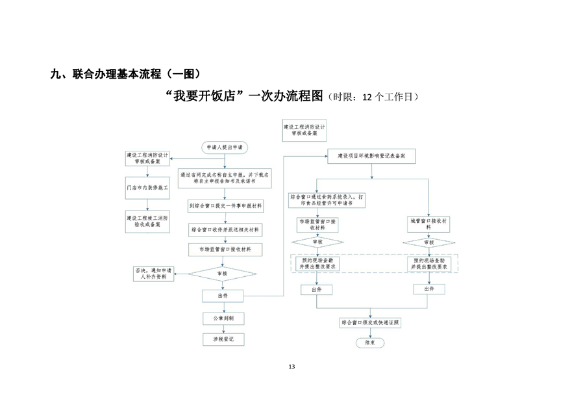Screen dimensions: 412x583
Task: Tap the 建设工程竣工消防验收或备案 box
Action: pyautogui.click(x=147, y=221)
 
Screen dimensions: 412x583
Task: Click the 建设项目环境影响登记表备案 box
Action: pyautogui.click(x=371, y=157)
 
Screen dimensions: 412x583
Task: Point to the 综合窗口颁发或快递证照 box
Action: pyautogui.click(x=371, y=322)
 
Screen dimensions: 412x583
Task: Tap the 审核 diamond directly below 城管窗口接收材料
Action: pyautogui.click(x=428, y=242)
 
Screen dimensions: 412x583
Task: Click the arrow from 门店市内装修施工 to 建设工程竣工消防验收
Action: pyautogui.click(x=147, y=203)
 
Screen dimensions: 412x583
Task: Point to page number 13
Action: pyautogui.click(x=291, y=367)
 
